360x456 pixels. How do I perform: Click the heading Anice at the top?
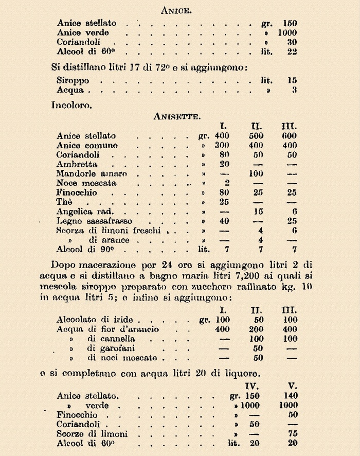tap(177, 9)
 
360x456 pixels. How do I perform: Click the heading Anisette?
tap(176, 116)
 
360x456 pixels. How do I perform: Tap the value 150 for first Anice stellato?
tap(290, 23)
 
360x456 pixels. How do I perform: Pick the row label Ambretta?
tap(77, 164)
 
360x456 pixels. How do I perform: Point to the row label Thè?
tap(65, 202)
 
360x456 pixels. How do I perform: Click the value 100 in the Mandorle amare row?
tap(256, 173)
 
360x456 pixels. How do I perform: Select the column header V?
tap(291, 385)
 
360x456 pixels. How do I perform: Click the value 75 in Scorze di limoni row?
tap(291, 434)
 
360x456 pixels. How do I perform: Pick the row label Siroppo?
tap(73, 81)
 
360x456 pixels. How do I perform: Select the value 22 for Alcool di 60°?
tap(292, 52)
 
